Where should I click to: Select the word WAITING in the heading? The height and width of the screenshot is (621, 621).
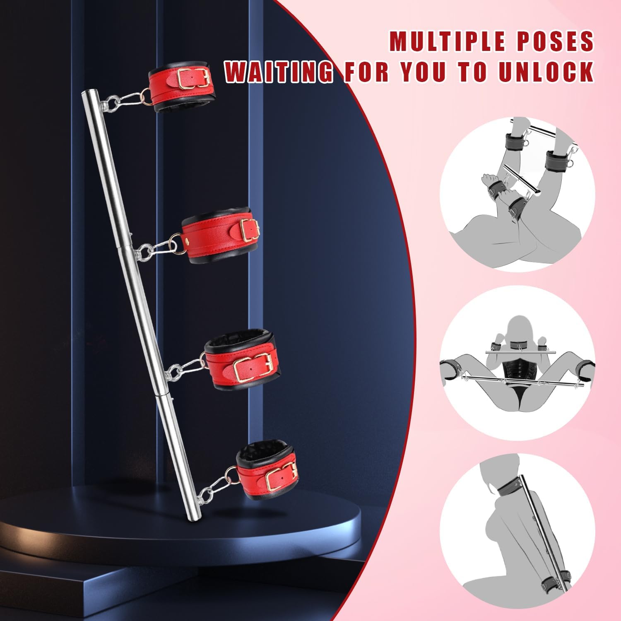coord(279,71)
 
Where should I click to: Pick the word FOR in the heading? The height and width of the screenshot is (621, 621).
coord(366,71)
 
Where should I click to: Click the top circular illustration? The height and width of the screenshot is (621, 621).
coord(517,195)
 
